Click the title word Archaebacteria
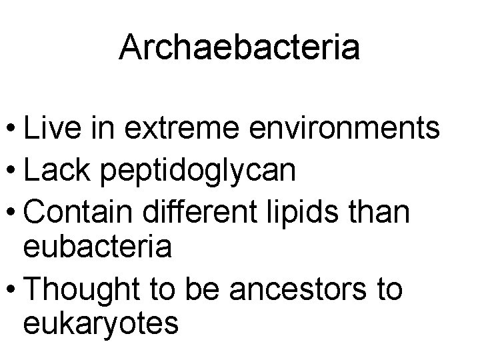(x=239, y=48)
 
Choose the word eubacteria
(x=98, y=247)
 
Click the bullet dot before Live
(x=11, y=129)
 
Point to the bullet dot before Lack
(x=11, y=170)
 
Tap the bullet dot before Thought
(x=11, y=291)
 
